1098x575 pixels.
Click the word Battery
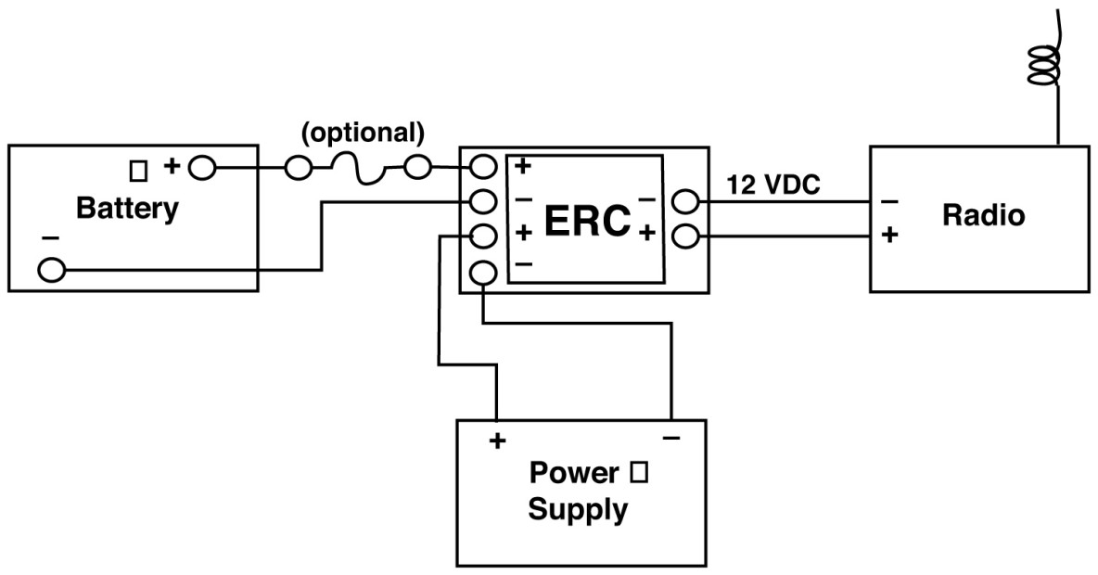tap(127, 209)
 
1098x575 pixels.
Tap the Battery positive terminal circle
tap(202, 168)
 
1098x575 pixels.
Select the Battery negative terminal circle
tap(52, 270)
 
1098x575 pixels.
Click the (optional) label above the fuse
tap(363, 133)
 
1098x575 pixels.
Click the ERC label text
tap(587, 221)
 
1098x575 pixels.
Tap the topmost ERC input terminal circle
tap(483, 167)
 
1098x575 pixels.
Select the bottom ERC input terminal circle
tap(483, 273)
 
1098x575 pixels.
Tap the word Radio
tap(983, 216)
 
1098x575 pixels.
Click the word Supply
tap(577, 510)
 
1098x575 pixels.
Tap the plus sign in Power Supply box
tap(498, 441)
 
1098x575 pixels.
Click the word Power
tap(573, 474)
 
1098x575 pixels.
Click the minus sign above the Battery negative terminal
tap(50, 239)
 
